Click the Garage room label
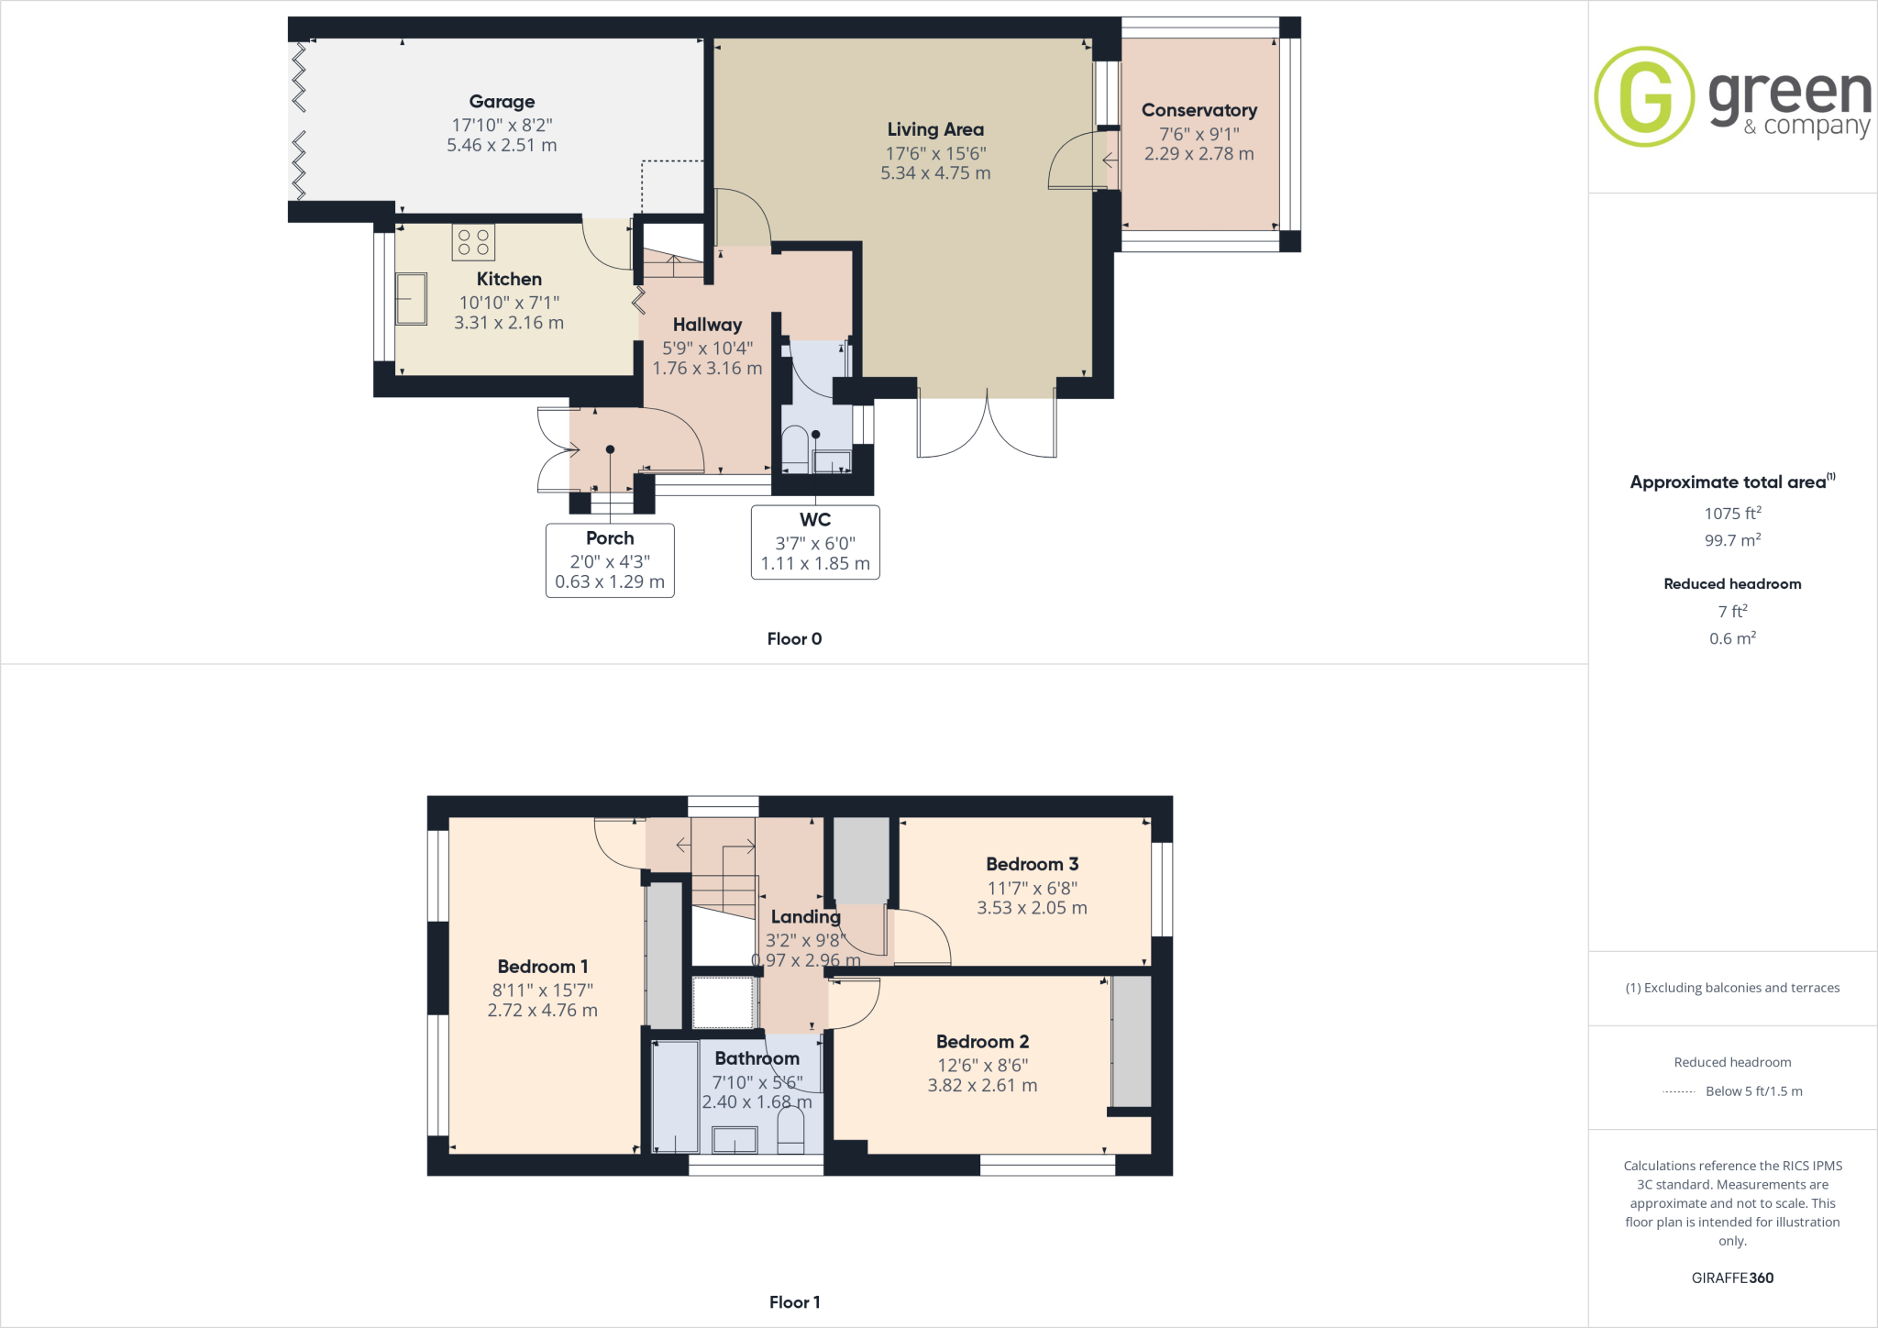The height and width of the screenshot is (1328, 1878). pyautogui.click(x=502, y=102)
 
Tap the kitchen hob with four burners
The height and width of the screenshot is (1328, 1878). pyautogui.click(x=473, y=242)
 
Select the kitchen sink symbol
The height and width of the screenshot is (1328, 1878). pyautogui.click(x=411, y=299)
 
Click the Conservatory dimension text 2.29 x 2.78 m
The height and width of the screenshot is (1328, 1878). pyautogui.click(x=1199, y=154)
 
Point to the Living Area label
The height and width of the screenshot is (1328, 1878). pyautogui.click(x=935, y=130)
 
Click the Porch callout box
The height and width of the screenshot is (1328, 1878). pyautogui.click(x=610, y=560)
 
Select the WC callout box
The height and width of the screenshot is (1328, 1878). pyautogui.click(x=815, y=542)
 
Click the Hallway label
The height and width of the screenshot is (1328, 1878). pyautogui.click(x=707, y=325)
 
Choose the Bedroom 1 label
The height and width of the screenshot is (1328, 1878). pyautogui.click(x=543, y=967)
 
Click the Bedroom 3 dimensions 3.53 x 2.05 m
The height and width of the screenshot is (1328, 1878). pyautogui.click(x=1032, y=908)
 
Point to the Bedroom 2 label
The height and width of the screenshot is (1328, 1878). pyautogui.click(x=982, y=1042)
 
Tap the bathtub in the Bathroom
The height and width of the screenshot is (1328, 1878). pyautogui.click(x=675, y=1097)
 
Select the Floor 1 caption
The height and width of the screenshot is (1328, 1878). pyautogui.click(x=794, y=1302)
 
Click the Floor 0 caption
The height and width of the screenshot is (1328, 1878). pyautogui.click(x=794, y=639)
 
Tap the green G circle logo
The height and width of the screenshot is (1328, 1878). pyautogui.click(x=1644, y=96)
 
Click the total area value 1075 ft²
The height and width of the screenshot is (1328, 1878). pyautogui.click(x=1732, y=514)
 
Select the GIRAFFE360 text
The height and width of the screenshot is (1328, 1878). pyautogui.click(x=1732, y=1278)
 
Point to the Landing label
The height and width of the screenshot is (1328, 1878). pyautogui.click(x=805, y=917)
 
